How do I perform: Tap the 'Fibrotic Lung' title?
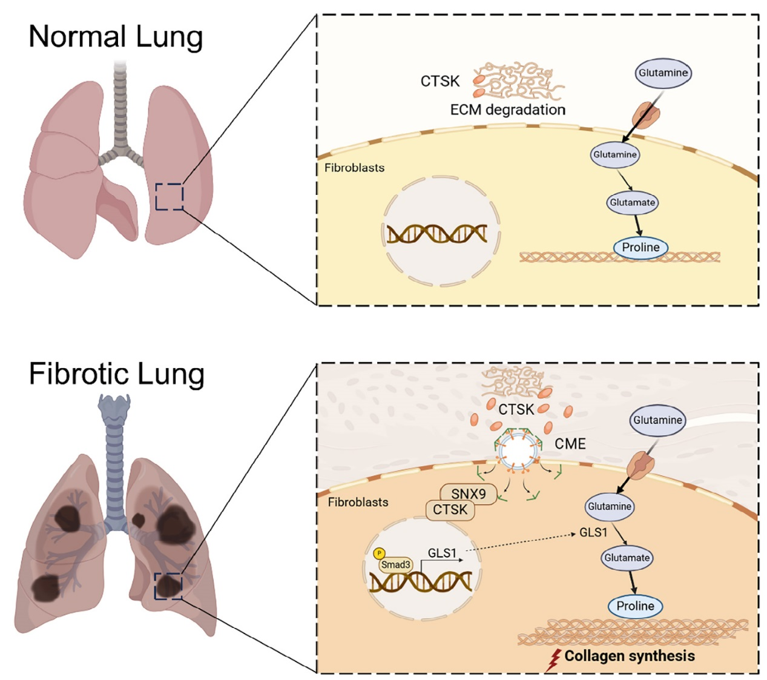116,374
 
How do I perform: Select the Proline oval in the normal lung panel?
640,247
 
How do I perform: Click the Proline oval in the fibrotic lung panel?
635,606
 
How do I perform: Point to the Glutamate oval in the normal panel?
632,202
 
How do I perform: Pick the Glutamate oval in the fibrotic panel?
627,558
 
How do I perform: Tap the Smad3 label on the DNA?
396,564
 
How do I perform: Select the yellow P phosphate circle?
380,553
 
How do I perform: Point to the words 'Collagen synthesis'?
630,656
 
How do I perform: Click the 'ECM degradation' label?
507,110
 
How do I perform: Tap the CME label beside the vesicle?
570,444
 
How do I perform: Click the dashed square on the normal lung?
169,197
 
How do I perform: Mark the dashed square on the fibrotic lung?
168,586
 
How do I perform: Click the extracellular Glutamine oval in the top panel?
663,73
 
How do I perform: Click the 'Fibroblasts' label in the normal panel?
354,168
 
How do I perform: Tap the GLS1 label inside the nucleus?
442,552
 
